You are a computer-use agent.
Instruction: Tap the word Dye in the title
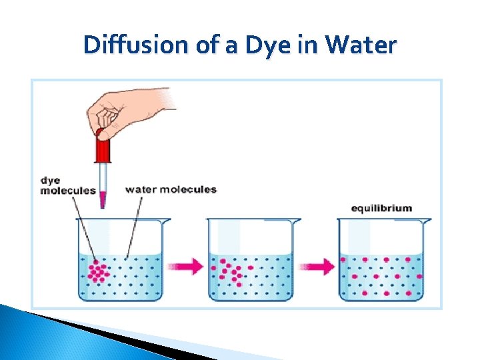(x=259, y=45)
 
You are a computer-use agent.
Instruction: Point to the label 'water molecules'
(x=171, y=189)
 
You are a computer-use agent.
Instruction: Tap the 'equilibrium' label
(x=381, y=208)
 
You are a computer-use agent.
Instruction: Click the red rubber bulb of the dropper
(x=103, y=147)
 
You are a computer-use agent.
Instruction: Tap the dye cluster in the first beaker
(x=98, y=271)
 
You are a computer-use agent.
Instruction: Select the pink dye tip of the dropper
(x=103, y=199)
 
